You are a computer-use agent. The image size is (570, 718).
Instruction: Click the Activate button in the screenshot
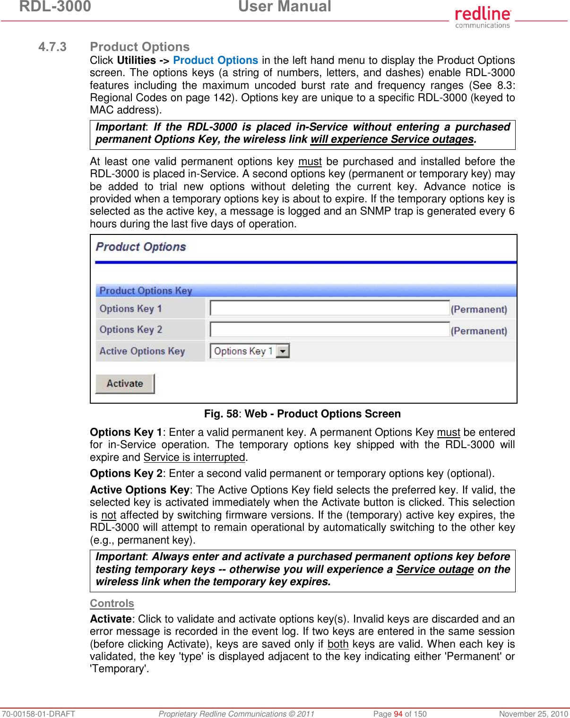click(125, 383)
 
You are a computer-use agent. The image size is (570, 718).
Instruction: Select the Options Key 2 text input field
click(329, 330)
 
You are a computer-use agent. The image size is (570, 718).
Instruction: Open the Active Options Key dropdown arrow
click(283, 351)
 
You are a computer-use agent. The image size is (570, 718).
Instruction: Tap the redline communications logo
click(483, 17)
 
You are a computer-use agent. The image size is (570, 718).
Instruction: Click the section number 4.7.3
click(52, 47)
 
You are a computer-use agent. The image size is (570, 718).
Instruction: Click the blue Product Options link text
click(216, 61)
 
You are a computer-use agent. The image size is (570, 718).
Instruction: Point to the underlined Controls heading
click(112, 604)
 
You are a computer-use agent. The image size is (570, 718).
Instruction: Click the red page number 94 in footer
click(398, 714)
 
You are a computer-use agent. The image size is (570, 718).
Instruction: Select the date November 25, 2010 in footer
click(533, 714)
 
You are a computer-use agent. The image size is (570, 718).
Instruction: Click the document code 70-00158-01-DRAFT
click(39, 714)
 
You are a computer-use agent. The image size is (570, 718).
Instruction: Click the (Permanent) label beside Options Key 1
click(479, 310)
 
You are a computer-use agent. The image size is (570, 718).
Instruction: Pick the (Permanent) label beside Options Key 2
click(479, 331)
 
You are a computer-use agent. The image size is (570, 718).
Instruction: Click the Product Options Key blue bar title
click(146, 291)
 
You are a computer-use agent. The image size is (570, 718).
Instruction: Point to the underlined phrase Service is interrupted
click(194, 458)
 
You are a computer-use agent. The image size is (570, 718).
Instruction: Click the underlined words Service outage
click(435, 570)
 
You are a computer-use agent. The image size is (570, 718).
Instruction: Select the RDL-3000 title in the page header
click(55, 7)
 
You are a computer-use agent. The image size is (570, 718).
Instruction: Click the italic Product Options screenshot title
click(141, 247)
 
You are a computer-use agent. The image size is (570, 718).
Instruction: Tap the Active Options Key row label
click(142, 351)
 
